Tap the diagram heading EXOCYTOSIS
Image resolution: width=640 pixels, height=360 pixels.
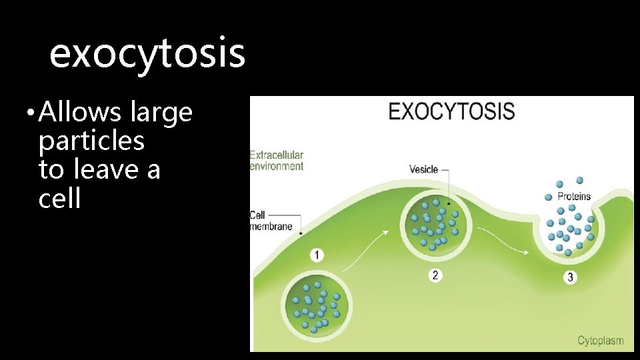coord(451,111)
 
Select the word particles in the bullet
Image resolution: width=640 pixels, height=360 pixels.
coord(91,141)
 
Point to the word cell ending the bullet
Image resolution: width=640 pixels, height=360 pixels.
coord(59,199)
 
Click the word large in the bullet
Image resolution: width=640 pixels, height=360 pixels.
coord(162,113)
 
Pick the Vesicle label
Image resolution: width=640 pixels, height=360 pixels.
coord(423,169)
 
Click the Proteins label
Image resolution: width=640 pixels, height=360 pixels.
coord(573,197)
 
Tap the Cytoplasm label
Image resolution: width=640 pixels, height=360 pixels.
coord(600,341)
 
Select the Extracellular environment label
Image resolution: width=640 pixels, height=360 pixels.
coord(276,161)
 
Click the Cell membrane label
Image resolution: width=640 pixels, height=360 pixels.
coord(271,221)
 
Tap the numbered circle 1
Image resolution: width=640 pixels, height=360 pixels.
coord(317,255)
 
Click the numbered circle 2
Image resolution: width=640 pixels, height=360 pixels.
coord(435,275)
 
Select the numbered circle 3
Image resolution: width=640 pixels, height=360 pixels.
coord(569,277)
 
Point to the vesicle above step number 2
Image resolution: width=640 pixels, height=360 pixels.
coord(434,225)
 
